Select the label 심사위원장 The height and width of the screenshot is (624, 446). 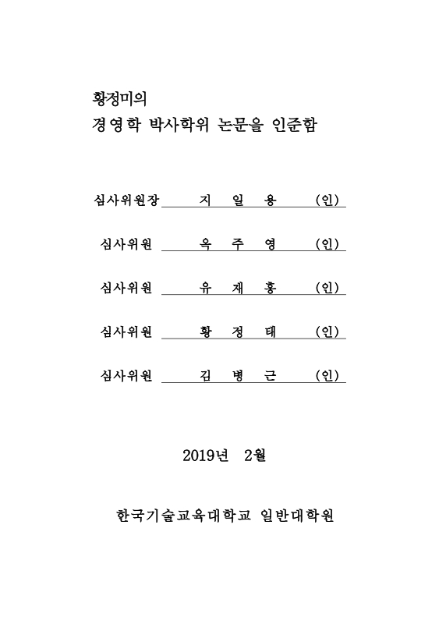pyautogui.click(x=126, y=200)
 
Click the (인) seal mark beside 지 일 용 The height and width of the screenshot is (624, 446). pyautogui.click(x=327, y=200)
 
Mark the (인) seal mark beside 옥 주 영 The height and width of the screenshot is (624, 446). pyautogui.click(x=327, y=244)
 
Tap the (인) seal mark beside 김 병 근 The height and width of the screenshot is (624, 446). pyautogui.click(x=327, y=375)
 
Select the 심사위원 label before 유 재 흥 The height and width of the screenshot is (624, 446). pyautogui.click(x=126, y=288)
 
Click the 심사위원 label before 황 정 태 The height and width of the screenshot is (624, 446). pyautogui.click(x=126, y=331)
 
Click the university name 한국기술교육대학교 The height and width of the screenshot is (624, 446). pyautogui.click(x=182, y=516)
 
